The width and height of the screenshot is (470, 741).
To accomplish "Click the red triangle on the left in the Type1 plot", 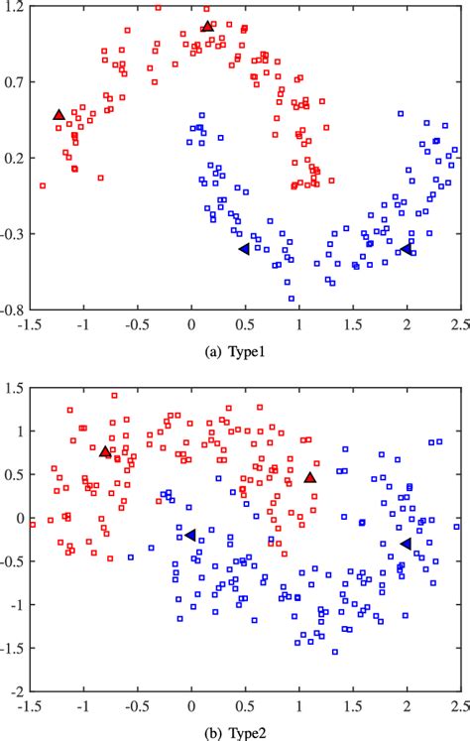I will [59, 116].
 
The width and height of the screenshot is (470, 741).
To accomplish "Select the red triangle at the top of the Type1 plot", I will [206, 27].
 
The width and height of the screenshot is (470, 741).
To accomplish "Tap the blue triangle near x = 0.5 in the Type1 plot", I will [244, 249].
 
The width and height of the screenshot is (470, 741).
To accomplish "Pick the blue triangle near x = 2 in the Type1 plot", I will [406, 249].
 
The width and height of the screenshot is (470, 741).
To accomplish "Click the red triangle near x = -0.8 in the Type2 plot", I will [105, 452].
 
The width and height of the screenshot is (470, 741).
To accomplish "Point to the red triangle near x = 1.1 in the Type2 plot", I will [310, 478].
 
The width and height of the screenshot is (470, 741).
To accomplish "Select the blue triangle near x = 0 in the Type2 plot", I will [190, 535].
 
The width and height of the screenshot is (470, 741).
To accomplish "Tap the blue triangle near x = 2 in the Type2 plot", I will [406, 544].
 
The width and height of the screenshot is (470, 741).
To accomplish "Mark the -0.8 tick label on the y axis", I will [13, 309].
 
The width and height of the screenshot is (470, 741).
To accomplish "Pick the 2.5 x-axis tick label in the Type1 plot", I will [458, 323].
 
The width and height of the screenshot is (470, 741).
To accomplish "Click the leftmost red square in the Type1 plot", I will [43, 185].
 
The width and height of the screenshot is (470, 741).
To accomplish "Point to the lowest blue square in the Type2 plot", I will [335, 652].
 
